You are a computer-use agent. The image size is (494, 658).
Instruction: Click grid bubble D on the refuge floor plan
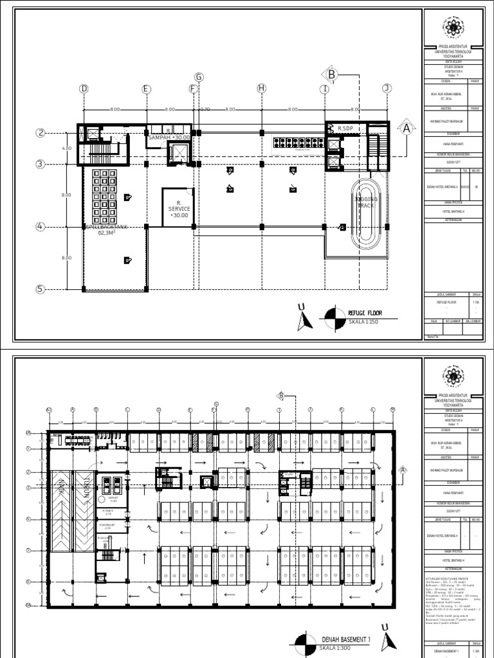83,88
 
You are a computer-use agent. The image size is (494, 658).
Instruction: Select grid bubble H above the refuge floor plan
261,88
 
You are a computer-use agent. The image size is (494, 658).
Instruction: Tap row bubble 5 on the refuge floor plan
40,289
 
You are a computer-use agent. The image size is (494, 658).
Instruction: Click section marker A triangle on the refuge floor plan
406,128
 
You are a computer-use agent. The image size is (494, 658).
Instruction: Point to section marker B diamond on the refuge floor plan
331,75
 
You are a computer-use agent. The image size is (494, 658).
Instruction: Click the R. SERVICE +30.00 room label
179,209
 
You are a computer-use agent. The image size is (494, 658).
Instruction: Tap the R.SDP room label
347,129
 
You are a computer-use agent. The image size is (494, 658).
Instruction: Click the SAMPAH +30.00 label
169,136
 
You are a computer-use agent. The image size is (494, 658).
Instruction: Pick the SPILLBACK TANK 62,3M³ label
104,230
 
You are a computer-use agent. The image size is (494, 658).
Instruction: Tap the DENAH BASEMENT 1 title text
347,640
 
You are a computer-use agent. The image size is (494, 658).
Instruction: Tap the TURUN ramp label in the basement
84,488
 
